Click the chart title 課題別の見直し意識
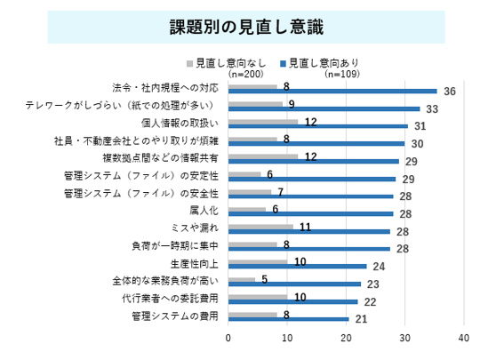pos(246,27)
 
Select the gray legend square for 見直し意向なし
pos(189,64)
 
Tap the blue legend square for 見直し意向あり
pos(283,64)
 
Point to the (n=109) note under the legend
pos(342,75)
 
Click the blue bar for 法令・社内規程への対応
pos(332,92)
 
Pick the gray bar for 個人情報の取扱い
pos(263,122)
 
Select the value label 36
pos(450,92)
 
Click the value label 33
pos(432,109)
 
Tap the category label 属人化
pos(204,211)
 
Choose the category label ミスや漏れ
pos(195,228)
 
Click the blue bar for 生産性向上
pos(297,266)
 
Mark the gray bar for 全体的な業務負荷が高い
pos(242,280)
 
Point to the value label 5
pos(265,280)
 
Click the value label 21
pos(361,319)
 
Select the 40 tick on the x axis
pos(464,338)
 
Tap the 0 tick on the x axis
pos(228,338)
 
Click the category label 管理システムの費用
pos(175,316)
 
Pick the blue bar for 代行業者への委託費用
pos(292,302)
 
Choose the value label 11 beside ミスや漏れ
pos(306,228)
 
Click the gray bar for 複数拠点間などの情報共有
pos(263,156)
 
